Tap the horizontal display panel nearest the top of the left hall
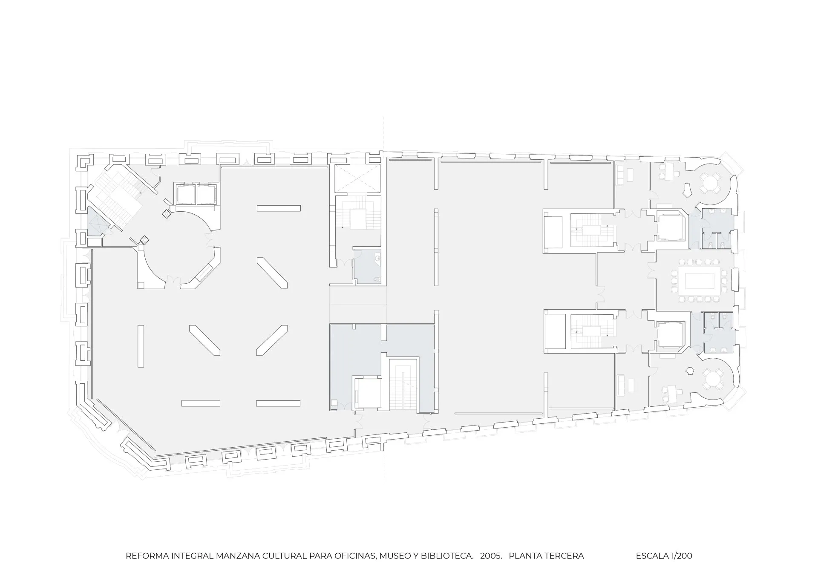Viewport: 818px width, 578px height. (x=279, y=208)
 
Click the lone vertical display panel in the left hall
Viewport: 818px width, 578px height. (x=141, y=346)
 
